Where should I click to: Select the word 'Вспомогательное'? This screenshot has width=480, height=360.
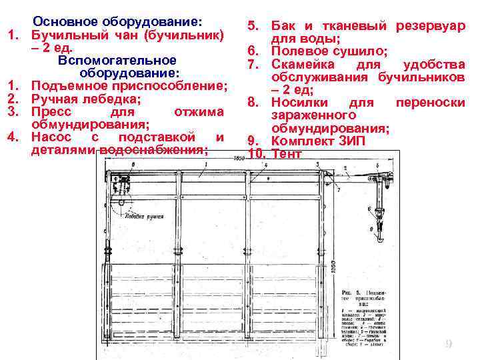click(117, 61)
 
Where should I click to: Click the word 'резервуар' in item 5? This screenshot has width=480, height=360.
click(430, 26)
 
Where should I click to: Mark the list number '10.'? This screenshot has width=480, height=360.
click(257, 153)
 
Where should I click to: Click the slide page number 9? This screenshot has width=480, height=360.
click(449, 344)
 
